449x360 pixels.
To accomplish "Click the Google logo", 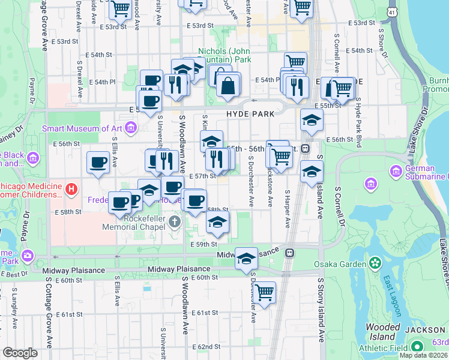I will click(20, 353).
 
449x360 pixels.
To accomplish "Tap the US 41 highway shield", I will click(391, 12).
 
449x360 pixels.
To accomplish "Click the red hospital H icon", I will click(71, 190).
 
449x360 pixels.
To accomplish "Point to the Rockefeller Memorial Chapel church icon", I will click(175, 223).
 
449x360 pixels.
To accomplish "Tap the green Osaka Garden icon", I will click(376, 263).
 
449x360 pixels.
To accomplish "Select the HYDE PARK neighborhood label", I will click(250, 114).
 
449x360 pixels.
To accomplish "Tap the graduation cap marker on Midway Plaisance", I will click(246, 259).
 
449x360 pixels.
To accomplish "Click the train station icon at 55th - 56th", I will click(305, 149).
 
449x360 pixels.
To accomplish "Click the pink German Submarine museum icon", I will click(396, 172).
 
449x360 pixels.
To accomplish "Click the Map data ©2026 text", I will click(423, 355).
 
